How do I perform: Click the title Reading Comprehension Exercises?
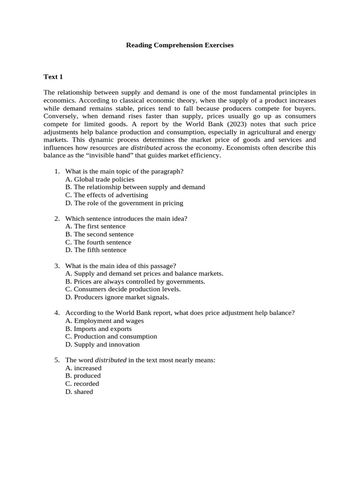tap(180, 45)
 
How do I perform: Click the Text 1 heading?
tap(53, 76)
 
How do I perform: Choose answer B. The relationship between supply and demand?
tap(135, 187)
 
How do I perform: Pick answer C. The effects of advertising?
tap(106, 195)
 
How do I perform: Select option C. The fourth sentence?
tap(98, 242)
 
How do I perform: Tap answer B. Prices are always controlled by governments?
tap(135, 281)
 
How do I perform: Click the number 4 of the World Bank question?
tap(56, 313)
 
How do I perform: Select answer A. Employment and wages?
tap(105, 321)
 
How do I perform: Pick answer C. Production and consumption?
tap(111, 337)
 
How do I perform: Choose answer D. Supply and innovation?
tap(103, 345)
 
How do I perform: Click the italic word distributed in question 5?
tap(111, 360)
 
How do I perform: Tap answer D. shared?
tap(79, 392)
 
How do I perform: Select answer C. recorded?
tap(82, 384)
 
